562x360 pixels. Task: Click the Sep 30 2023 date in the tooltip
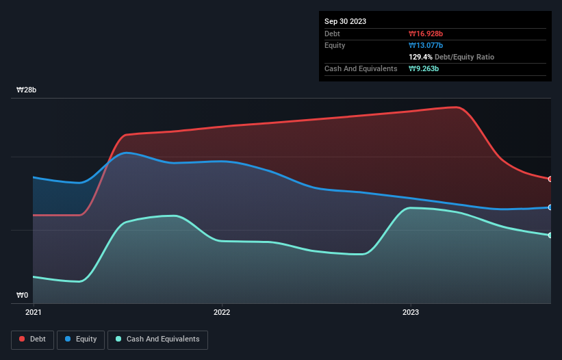[x=345, y=21]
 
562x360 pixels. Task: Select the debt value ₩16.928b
[x=426, y=34]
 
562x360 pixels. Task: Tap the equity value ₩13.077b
[x=426, y=45]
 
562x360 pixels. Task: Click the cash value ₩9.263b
[x=424, y=68]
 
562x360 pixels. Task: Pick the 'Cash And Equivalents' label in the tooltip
[x=361, y=68]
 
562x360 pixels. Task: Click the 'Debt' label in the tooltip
[x=332, y=34]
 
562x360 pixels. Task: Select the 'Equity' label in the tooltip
[x=335, y=45]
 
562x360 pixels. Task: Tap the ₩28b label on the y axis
[x=27, y=90]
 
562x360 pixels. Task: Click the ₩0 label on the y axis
[x=23, y=296]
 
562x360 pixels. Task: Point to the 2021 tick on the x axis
[x=34, y=312]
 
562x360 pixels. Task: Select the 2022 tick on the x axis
[x=222, y=312]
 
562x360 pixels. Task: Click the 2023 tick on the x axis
[x=410, y=312]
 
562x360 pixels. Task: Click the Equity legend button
[x=81, y=339]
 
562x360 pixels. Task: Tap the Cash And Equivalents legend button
[x=157, y=339]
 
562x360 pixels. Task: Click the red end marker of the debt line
[x=550, y=179]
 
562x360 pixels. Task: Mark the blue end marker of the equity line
[x=550, y=207]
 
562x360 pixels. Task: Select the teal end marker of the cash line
[x=550, y=235]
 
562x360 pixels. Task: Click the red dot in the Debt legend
[x=23, y=339]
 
